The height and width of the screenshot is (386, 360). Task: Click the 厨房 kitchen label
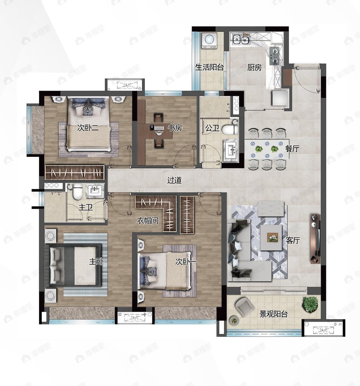pyautogui.click(x=255, y=67)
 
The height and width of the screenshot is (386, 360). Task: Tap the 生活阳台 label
pyautogui.click(x=210, y=67)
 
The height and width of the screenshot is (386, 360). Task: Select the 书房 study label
pyautogui.click(x=175, y=128)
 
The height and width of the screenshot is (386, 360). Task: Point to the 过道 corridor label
pyautogui.click(x=174, y=180)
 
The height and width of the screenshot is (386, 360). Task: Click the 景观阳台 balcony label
pyautogui.click(x=274, y=314)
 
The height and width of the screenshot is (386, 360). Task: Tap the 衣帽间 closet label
pyautogui.click(x=148, y=220)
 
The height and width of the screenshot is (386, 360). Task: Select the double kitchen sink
pyautogui.click(x=241, y=39)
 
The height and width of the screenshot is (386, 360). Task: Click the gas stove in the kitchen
pyautogui.click(x=275, y=56)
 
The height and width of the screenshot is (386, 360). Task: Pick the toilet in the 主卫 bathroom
pyautogui.click(x=78, y=192)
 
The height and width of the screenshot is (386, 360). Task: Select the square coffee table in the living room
pyautogui.click(x=271, y=238)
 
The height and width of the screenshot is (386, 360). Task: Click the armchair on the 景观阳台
pyautogui.click(x=244, y=306)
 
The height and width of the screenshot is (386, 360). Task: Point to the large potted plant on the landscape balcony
pyautogui.click(x=310, y=304)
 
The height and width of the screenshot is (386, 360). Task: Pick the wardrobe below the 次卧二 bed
pyautogui.click(x=75, y=172)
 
